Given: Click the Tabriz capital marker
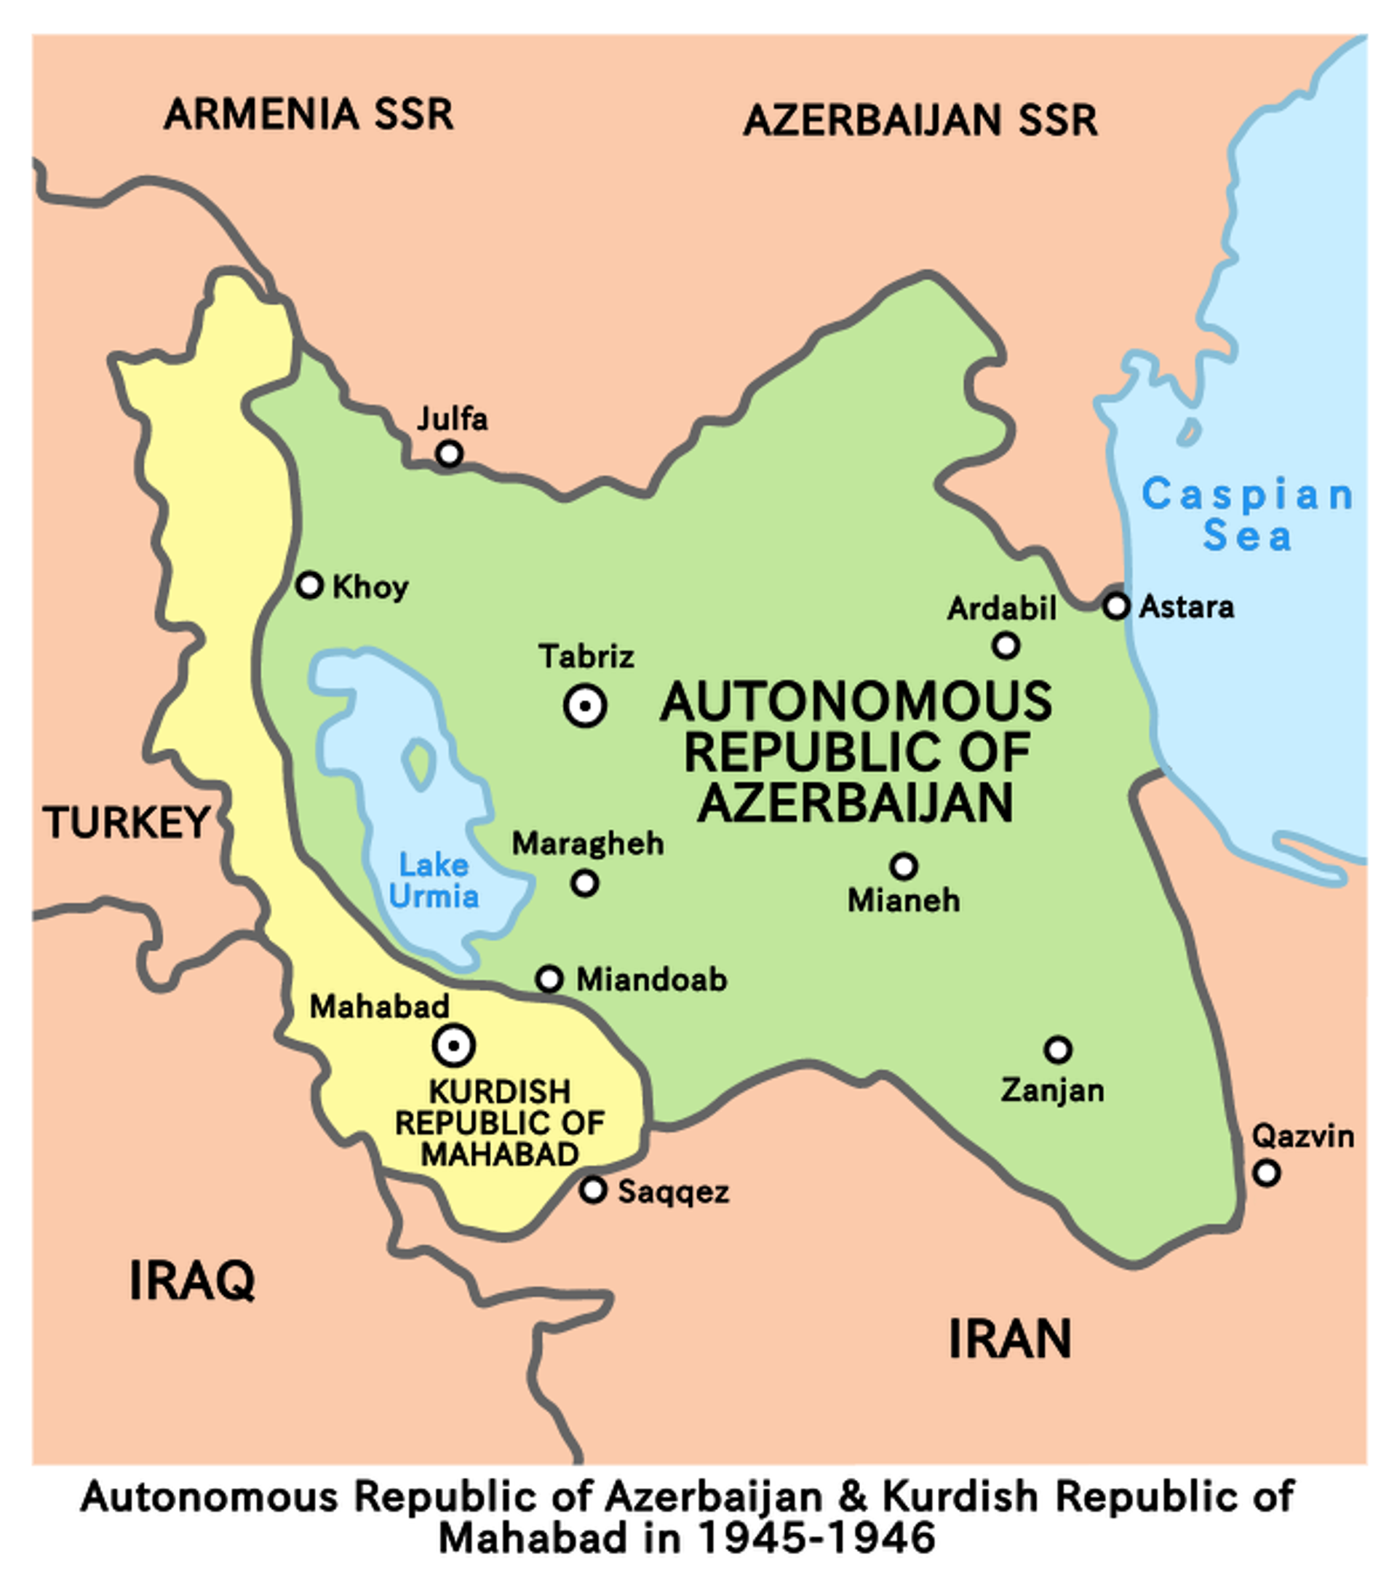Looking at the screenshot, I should click(x=585, y=706).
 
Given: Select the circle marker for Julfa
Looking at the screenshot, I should click(x=450, y=453).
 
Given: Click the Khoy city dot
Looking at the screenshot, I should click(x=310, y=585).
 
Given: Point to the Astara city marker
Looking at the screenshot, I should click(x=1116, y=605).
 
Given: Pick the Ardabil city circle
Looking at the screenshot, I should click(x=1006, y=645).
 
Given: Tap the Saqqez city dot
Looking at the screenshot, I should click(x=593, y=1190).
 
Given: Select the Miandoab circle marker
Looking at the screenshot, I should click(x=549, y=979).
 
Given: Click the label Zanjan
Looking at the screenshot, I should click(x=1052, y=1090).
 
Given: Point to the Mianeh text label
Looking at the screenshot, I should click(x=904, y=900).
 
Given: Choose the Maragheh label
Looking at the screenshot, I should click(x=587, y=843).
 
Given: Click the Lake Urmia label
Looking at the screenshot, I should click(x=433, y=880).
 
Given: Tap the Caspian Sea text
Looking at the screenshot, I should click(x=1246, y=514).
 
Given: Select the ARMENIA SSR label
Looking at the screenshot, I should click(x=309, y=114).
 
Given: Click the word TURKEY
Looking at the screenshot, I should click(x=126, y=822).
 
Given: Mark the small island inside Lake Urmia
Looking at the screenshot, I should click(x=419, y=763).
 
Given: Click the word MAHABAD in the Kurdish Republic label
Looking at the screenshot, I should click(x=500, y=1154).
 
